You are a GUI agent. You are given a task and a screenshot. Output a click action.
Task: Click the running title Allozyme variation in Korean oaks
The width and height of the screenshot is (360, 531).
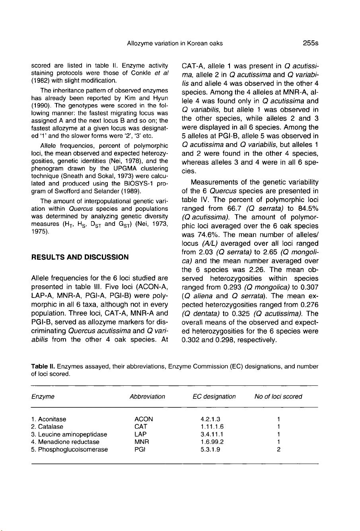pyautogui.click(x=175, y=43)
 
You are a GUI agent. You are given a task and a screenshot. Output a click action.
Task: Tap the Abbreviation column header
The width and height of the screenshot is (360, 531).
pyautogui.click(x=147, y=397)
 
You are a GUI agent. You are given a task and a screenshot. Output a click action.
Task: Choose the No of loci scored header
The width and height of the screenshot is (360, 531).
pyautogui.click(x=278, y=397)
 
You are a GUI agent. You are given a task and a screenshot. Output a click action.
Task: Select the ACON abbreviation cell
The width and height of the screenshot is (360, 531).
pyautogui.click(x=144, y=419)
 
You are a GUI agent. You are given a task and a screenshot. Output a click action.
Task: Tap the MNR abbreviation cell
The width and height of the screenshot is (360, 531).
pyautogui.click(x=142, y=442)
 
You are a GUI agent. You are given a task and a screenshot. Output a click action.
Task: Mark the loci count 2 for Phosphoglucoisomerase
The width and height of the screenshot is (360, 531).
pyautogui.click(x=278, y=449)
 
